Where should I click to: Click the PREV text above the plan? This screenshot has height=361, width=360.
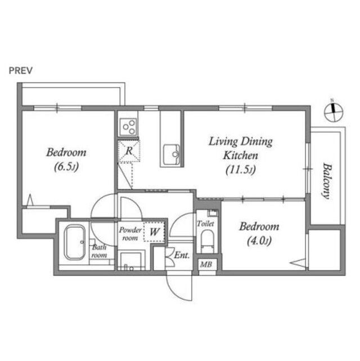pos(21,70)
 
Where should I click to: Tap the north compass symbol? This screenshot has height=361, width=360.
pos(334,112)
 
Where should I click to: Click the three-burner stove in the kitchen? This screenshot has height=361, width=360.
pos(128,127)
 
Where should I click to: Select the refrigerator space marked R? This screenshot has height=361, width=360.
pos(129,151)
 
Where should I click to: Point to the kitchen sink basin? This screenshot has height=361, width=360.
pos(172,154)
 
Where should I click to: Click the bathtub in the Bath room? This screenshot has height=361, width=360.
pos(74,242)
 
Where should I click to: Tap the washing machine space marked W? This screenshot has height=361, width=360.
pos(155,231)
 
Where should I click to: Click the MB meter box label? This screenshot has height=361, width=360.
pos(206,264)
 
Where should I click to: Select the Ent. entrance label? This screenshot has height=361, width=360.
pos(182,255)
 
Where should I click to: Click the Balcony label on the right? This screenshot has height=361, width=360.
pos(326,181)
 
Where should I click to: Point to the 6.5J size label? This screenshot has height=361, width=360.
pos(66,167)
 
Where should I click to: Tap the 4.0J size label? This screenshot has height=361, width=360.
pos(259,241)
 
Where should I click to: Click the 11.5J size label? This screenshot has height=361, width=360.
pos(240,170)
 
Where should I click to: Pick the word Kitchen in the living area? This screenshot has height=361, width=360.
pos(240,155)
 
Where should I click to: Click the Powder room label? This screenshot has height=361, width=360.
pos(130,234)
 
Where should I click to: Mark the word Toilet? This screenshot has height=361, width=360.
pos(205,224)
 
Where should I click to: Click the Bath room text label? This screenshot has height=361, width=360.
pos(99,251)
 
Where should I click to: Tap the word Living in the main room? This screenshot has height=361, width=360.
pos(223,141)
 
